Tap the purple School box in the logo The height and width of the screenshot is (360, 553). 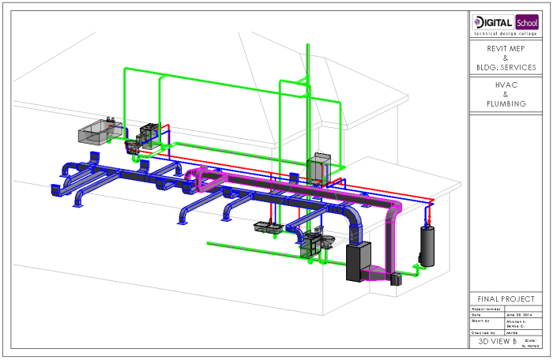tap(527, 21)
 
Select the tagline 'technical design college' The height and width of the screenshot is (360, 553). tap(506, 33)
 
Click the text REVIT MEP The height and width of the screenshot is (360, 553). tap(506, 48)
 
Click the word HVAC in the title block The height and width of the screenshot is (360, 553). tap(506, 84)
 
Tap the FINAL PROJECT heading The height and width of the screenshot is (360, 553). tap(506, 299)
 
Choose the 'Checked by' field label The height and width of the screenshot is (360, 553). tap(482, 333)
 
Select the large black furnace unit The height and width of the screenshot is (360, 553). tap(358, 262)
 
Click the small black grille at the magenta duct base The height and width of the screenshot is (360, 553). tap(397, 279)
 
